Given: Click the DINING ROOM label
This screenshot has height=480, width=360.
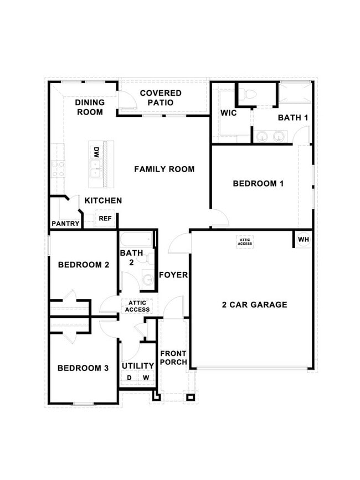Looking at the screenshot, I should click(x=89, y=107).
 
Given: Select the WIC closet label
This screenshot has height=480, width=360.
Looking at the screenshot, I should click(x=229, y=113).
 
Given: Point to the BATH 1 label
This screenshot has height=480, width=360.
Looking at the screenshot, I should click(x=292, y=117).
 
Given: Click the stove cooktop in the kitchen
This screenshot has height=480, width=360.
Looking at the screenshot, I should click(x=58, y=168).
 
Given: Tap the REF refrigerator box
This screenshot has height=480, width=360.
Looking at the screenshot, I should click(x=105, y=219).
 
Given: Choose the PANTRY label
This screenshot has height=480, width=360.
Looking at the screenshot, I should click(x=66, y=224).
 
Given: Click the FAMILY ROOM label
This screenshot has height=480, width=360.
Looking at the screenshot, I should click(x=164, y=169).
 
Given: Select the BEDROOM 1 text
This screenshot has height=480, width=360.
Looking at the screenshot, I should click(x=258, y=183).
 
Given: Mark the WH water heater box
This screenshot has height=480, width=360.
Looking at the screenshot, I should click(x=303, y=240).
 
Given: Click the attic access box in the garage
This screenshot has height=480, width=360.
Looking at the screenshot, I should click(x=245, y=241).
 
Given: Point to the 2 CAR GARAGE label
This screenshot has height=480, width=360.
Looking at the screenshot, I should click(x=254, y=304).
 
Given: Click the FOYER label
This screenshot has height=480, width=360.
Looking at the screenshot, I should click(x=173, y=275).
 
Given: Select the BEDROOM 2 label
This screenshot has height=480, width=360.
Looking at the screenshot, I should click(x=83, y=265).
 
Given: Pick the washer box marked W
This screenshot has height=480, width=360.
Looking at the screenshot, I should click(x=146, y=378).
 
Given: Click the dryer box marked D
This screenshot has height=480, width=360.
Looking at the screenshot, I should click(x=129, y=378).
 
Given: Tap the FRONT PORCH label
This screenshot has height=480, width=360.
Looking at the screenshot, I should click(x=173, y=358).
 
